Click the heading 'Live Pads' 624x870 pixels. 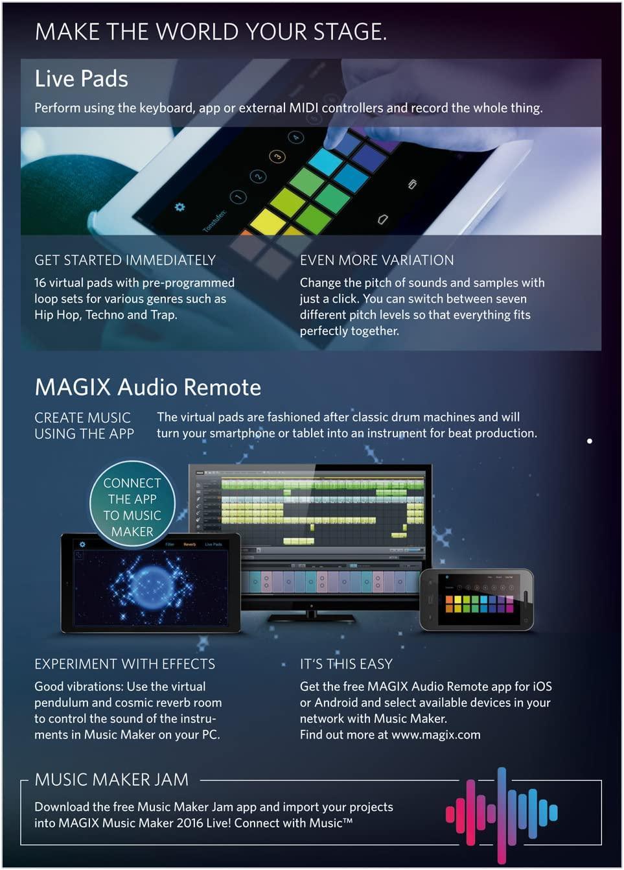(81, 78)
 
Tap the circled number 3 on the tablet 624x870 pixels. (277, 156)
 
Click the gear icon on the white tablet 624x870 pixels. (179, 207)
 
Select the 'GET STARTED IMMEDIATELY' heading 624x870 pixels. (125, 260)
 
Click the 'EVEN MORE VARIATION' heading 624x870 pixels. (376, 260)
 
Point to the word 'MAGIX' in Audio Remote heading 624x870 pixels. (73, 387)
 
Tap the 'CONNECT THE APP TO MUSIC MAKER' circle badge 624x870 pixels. (132, 504)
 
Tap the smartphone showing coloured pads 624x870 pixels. (478, 600)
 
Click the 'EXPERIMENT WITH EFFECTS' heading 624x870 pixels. (124, 664)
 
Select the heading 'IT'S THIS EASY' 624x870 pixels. (346, 664)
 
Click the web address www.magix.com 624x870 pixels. (435, 735)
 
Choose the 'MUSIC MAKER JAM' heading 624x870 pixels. (111, 779)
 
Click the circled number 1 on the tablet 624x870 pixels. (238, 196)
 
